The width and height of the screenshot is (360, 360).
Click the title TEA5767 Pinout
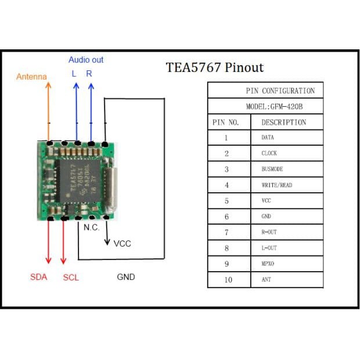(215, 67)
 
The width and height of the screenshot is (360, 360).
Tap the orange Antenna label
(31, 77)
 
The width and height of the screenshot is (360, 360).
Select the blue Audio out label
(86, 60)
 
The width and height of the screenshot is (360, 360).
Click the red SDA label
(38, 277)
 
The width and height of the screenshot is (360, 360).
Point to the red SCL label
(71, 278)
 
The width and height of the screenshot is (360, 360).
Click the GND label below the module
(126, 277)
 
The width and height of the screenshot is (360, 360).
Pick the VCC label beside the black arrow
(122, 243)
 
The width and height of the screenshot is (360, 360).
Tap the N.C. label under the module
(91, 228)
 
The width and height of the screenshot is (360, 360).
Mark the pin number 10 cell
(228, 280)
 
